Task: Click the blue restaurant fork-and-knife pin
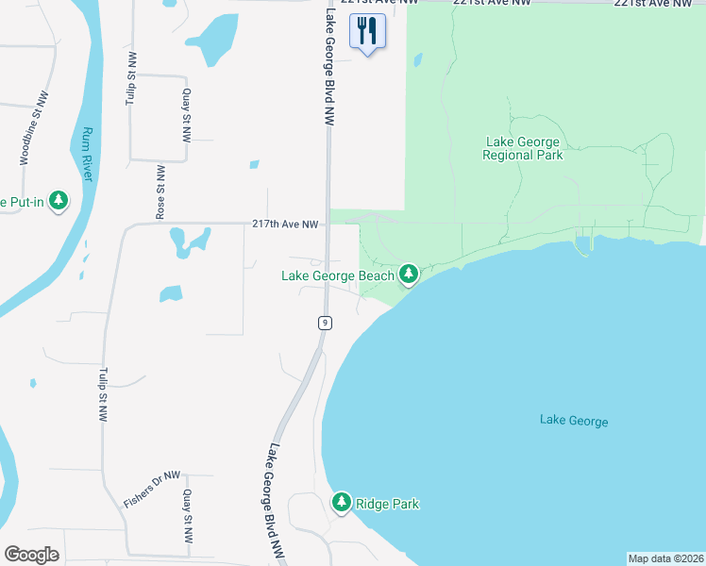366,31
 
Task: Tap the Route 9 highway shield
324,323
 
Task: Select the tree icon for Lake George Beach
409,275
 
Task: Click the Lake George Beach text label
338,275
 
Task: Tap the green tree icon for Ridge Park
342,502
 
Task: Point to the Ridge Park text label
387,504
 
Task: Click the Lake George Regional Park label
522,148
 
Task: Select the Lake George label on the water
574,421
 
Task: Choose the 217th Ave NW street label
285,224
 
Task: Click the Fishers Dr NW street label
151,490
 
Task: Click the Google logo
31,554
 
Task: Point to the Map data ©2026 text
665,558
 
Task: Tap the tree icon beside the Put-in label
59,201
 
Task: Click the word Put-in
20,202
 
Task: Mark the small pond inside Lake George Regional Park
416,61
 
